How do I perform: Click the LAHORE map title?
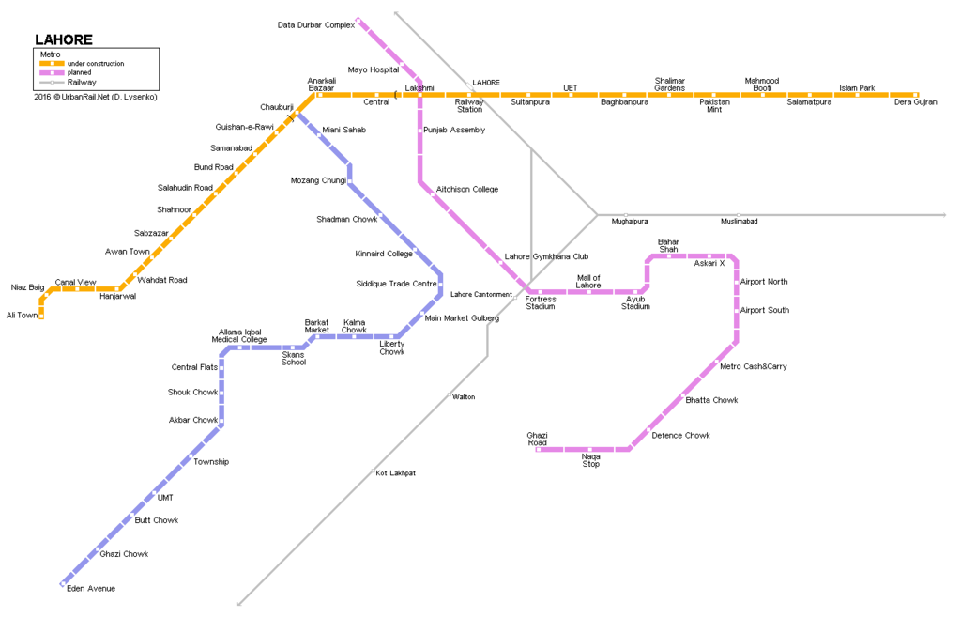pos(64,39)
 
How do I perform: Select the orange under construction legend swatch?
pos(53,63)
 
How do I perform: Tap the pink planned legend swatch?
pos(53,72)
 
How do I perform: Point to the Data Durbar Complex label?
pos(315,25)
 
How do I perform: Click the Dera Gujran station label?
pos(915,101)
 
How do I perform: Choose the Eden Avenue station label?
pos(91,588)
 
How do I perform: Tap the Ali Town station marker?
pos(41,316)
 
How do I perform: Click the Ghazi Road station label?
pos(537,439)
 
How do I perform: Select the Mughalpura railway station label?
pos(629,221)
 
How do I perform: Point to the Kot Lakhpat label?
pos(395,473)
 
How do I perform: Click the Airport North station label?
pos(764,282)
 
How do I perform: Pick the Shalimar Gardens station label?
pos(669,84)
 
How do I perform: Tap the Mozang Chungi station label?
pos(318,180)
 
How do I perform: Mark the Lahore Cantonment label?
pos(481,294)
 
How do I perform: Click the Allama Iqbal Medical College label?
pos(239,335)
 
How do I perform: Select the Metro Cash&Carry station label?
pos(754,366)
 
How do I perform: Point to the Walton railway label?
pos(464,397)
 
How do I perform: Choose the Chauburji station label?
pos(277,107)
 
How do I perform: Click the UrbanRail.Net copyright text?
pos(96,97)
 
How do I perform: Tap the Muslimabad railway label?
pos(740,221)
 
